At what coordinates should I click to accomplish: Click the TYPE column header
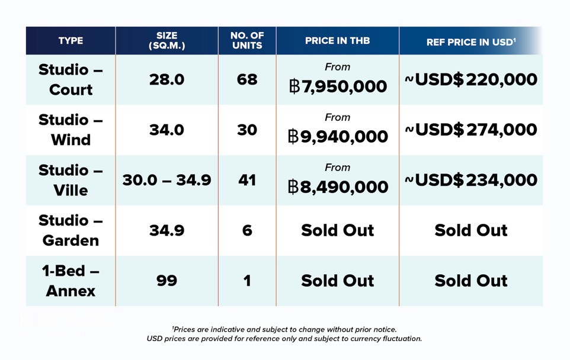pos(71,41)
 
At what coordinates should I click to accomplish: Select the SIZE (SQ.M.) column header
pos(167,40)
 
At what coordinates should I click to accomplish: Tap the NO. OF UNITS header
pos(247,40)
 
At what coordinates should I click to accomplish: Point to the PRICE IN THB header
pos(337,41)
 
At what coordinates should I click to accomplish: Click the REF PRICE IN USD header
pos(471,42)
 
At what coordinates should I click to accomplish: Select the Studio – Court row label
pos(71,79)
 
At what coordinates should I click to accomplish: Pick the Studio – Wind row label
pos(71,130)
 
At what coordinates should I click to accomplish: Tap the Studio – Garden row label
pos(71,230)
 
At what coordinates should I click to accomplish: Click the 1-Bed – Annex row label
pos(71,281)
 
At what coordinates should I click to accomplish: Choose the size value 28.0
pos(167,79)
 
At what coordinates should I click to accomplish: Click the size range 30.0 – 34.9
pos(167,180)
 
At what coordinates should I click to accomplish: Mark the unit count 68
pos(247,79)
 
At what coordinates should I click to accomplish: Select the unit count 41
pos(247,180)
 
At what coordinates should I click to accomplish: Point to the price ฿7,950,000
pos(338,86)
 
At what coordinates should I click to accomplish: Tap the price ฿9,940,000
pos(338,137)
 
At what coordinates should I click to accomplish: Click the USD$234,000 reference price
pos(471,180)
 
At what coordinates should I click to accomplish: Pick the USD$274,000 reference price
pos(471,130)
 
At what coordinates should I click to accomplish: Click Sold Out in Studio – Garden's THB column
pos(337,230)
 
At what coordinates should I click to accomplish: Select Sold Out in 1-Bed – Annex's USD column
pos(471,281)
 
